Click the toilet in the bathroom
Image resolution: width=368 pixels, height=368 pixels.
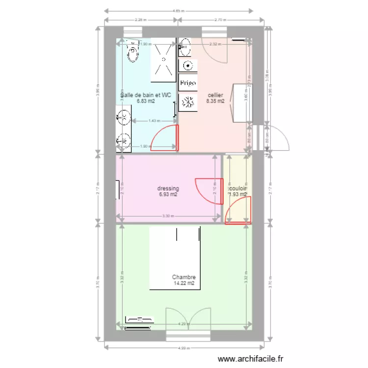coord(133,52)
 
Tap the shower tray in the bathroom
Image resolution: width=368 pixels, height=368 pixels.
coord(163,60)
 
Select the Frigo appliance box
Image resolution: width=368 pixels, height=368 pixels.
coord(188,83)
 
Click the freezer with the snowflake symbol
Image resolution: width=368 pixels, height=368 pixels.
coord(188,102)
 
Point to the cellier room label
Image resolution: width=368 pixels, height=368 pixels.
coord(215,95)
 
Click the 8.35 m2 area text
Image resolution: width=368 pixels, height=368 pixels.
coord(215,102)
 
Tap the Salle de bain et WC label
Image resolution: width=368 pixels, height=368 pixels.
coord(146,95)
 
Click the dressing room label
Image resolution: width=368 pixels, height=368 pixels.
coord(168,188)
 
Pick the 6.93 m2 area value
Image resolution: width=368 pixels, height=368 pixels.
coord(168,195)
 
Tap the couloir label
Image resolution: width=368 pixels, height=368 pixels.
coord(237,188)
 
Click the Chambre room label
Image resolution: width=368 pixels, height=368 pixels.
coord(184,277)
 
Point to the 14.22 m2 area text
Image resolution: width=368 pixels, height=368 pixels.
coord(184,284)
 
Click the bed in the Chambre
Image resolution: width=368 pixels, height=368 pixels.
coord(175,258)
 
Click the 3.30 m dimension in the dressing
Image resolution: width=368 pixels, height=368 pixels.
coord(168,216)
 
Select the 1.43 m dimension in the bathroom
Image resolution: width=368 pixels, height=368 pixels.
coord(154,121)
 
